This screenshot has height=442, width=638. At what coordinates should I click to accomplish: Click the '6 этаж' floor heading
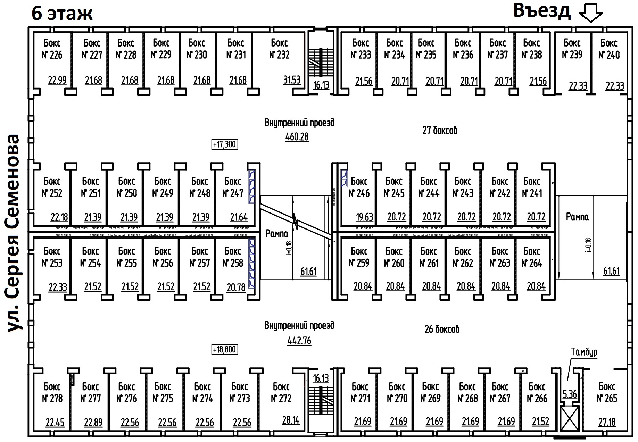pyautogui.click(x=62, y=13)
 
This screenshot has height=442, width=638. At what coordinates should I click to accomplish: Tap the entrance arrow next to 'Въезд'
pyautogui.click(x=591, y=13)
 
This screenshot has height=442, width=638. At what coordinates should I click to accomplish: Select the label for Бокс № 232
pyautogui.click(x=279, y=49)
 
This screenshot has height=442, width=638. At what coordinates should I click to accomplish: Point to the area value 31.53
pyautogui.click(x=292, y=80)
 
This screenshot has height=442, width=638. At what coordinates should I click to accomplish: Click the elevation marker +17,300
pyautogui.click(x=225, y=144)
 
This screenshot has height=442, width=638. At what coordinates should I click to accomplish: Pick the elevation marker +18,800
pyautogui.click(x=225, y=349)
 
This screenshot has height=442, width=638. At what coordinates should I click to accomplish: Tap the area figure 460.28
pyautogui.click(x=297, y=137)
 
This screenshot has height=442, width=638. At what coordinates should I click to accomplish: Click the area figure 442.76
pyautogui.click(x=299, y=341)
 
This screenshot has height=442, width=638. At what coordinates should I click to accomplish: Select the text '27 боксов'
pyautogui.click(x=440, y=131)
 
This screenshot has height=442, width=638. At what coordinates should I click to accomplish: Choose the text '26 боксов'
pyautogui.click(x=442, y=329)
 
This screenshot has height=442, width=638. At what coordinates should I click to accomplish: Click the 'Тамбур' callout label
pyautogui.click(x=584, y=352)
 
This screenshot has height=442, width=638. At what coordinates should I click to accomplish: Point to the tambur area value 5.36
pyautogui.click(x=570, y=394)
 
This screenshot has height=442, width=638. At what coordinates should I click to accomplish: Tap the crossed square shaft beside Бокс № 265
pyautogui.click(x=570, y=418)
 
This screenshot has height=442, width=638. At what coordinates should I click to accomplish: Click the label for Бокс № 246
pyautogui.click(x=359, y=187)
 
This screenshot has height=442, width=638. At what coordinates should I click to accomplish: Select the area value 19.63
pyautogui.click(x=364, y=217)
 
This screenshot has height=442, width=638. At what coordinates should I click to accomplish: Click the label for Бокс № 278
pyautogui.click(x=52, y=392)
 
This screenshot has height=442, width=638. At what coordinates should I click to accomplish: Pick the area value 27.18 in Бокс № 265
pyautogui.click(x=607, y=422)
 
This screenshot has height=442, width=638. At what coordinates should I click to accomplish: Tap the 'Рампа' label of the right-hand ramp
pyautogui.click(x=577, y=217)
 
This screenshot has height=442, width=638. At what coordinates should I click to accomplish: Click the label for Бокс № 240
pyautogui.click(x=609, y=49)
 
